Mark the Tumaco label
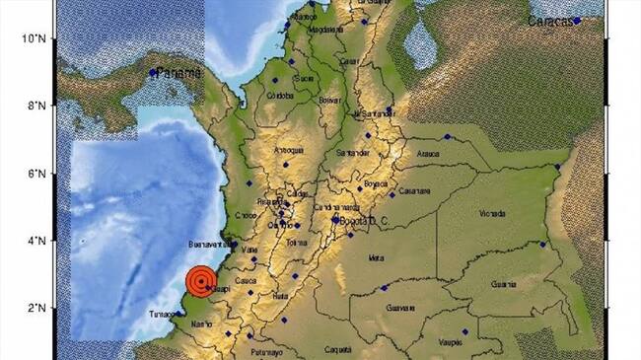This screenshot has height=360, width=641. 162,314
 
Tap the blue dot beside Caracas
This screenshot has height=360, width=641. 578,20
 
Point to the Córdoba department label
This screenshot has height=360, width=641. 281,96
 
